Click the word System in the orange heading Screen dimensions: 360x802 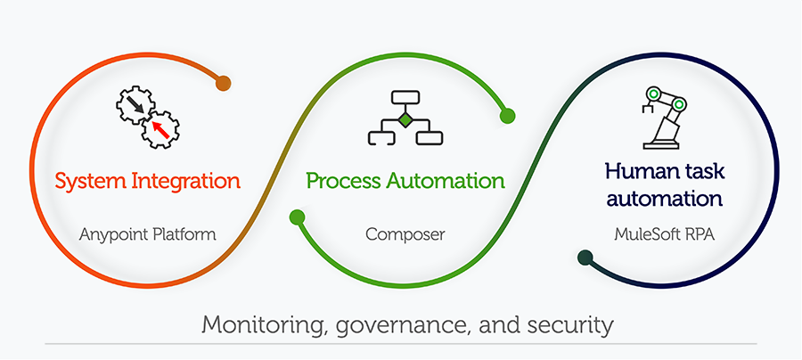point(86,182)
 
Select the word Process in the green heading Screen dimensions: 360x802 point(343,182)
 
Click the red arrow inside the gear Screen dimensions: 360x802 point(160,130)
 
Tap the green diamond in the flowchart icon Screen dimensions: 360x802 point(405,119)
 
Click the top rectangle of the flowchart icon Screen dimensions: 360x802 point(405,98)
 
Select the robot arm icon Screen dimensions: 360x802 point(664,117)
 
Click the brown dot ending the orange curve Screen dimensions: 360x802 point(223,84)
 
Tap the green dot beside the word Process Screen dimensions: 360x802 point(298,217)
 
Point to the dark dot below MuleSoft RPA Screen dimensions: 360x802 point(585,258)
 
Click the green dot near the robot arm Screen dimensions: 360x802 point(507,115)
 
